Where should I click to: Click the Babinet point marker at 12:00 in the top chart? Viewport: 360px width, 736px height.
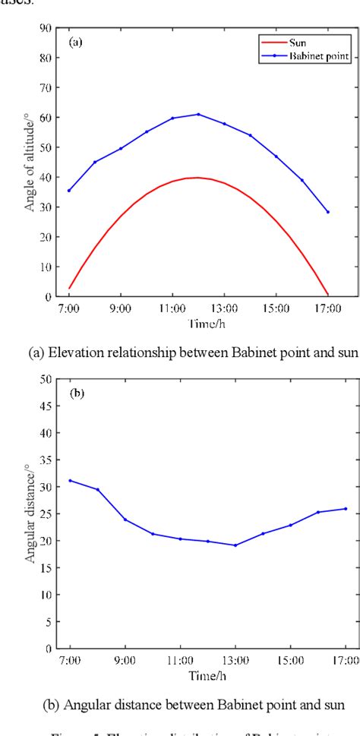click(x=198, y=114)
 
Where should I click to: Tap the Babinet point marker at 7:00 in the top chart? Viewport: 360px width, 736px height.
click(x=69, y=191)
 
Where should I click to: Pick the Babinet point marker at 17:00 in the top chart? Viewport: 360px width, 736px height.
click(x=328, y=212)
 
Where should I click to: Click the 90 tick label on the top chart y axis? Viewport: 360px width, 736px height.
click(x=46, y=28)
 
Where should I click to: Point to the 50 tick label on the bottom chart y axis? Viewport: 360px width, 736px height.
click(x=48, y=378)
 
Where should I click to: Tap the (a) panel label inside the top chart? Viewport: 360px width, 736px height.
click(x=76, y=43)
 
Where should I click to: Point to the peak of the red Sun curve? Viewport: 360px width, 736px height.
click(x=198, y=178)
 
